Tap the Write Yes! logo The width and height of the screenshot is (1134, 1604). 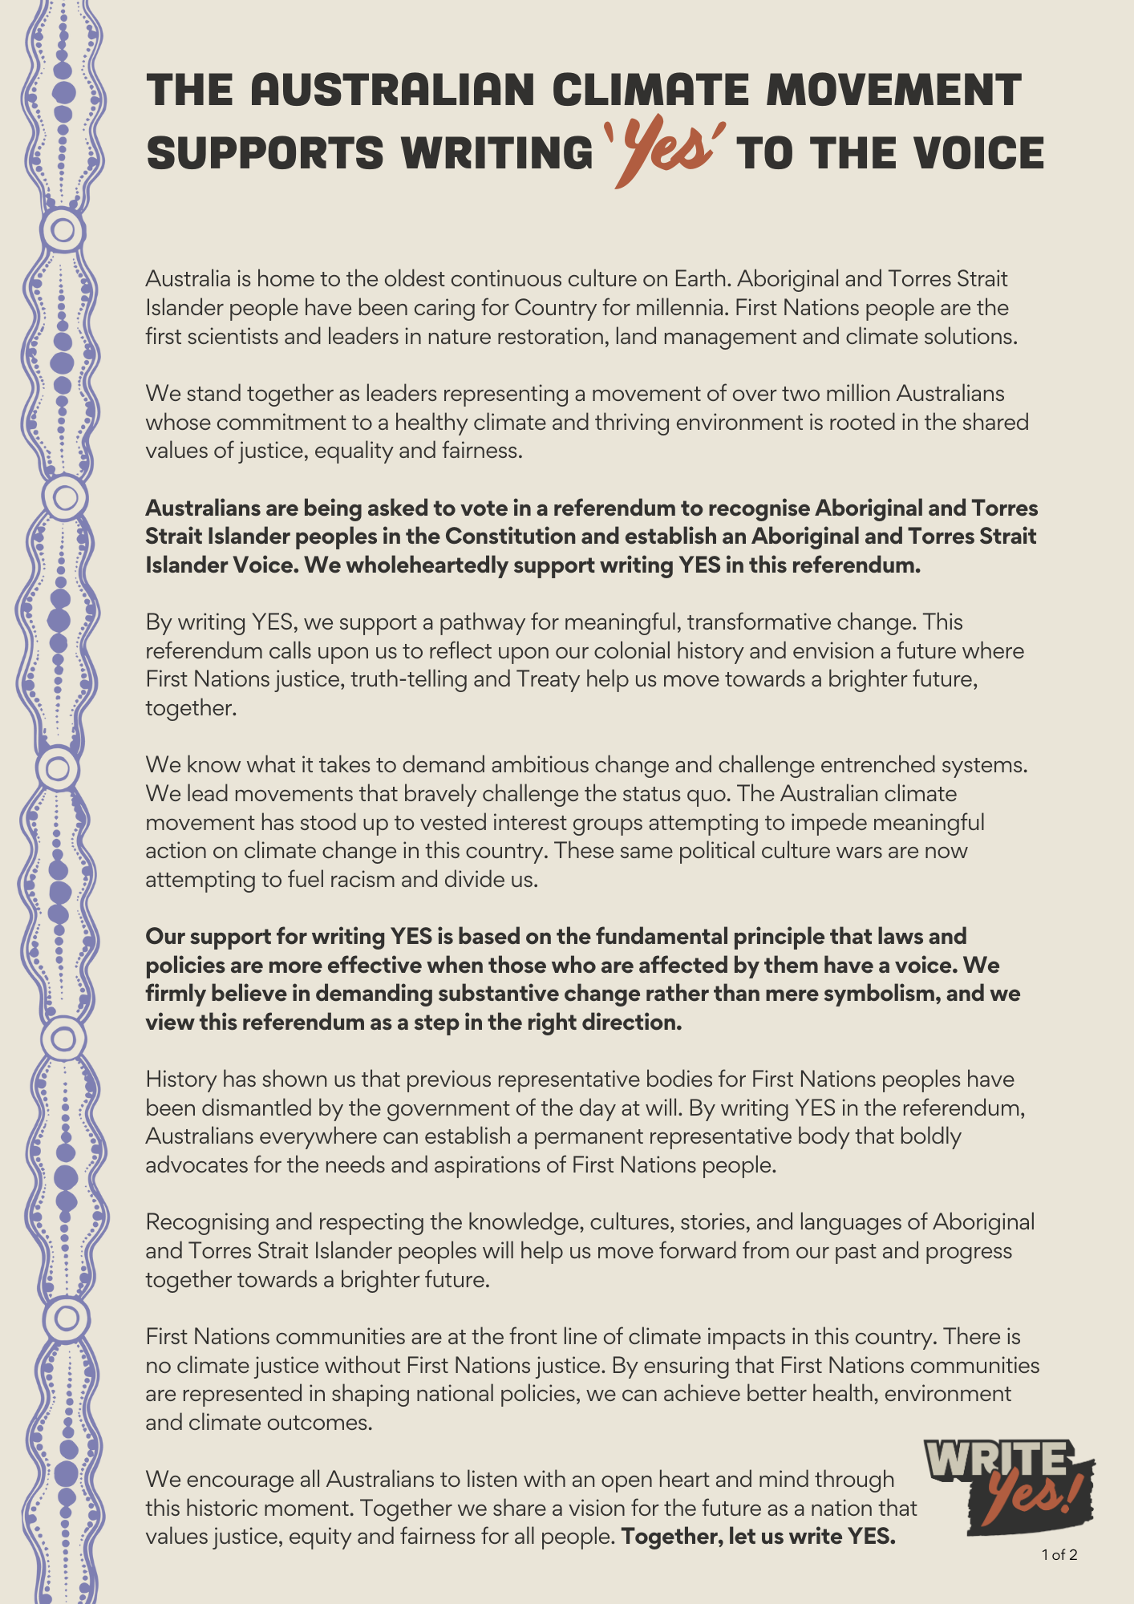[x=1009, y=1487]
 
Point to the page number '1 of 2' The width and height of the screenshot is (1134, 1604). [x=1059, y=1555]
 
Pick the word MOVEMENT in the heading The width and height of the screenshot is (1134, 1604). [x=893, y=89]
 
